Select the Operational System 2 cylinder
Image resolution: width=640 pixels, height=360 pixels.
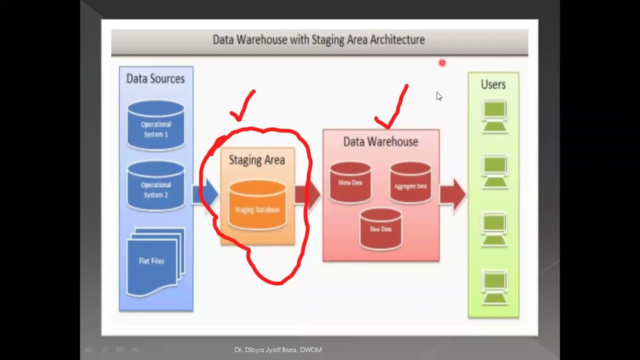(155, 186)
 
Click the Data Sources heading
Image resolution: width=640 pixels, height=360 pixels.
(155, 79)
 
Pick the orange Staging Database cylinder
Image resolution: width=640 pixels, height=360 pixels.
(257, 205)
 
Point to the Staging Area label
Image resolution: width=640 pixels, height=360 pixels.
(256, 160)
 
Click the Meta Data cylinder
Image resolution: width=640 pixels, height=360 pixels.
(350, 182)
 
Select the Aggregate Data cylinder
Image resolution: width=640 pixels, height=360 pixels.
(410, 183)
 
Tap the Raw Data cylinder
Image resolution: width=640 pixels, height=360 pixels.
(380, 228)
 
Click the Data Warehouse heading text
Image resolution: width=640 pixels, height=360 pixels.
(380, 142)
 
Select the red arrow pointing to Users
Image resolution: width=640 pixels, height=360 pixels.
(453, 194)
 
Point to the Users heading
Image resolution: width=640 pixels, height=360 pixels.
(493, 85)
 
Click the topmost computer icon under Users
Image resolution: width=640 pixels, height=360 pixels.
(494, 116)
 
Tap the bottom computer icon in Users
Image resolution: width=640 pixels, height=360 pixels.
(494, 287)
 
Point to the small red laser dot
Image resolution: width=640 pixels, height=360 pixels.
(442, 63)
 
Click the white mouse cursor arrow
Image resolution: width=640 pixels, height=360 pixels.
(439, 96)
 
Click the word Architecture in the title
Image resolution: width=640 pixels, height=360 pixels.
(397, 39)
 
